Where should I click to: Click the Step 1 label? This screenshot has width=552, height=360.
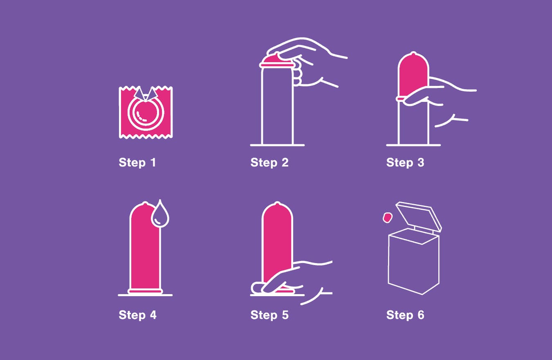tap(137, 162)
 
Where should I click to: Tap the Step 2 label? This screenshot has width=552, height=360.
tap(269, 162)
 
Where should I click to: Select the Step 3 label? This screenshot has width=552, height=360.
tap(405, 162)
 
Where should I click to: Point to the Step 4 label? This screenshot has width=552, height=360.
tap(137, 315)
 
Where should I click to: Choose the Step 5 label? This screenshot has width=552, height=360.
tap(269, 315)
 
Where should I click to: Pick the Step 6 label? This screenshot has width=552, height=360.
tap(405, 315)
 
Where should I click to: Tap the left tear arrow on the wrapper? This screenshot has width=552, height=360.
tap(139, 94)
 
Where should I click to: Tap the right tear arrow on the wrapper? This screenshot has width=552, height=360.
tap(152, 94)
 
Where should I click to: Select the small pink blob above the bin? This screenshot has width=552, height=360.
tap(387, 218)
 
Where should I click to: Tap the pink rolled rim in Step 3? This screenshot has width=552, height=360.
tap(400, 99)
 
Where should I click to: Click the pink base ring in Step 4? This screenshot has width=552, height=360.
tap(145, 291)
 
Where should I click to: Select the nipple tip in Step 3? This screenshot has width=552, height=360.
tap(413, 54)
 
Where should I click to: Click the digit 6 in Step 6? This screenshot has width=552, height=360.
tap(421, 315)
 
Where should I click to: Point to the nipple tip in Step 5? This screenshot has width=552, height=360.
tap(277, 203)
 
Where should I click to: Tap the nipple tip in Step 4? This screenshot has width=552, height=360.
tap(145, 203)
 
